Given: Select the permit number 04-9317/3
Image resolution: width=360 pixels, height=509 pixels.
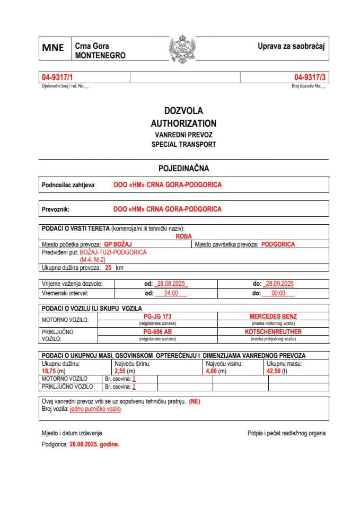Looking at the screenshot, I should coord(310,77).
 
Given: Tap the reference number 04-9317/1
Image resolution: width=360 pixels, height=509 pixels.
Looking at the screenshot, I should coord(57,77).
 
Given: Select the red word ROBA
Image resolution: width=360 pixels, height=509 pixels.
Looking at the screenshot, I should coord(183,236).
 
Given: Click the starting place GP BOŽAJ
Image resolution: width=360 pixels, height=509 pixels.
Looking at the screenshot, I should coord(118,244).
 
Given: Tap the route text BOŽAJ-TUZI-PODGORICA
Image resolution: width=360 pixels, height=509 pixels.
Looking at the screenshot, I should coord(117,252).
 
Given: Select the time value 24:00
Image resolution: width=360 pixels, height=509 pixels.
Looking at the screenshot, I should coord(170,293).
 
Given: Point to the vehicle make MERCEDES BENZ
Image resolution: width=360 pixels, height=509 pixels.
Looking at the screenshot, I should coord(273,316).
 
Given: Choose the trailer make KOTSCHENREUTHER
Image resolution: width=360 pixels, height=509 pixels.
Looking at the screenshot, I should coord(273,332).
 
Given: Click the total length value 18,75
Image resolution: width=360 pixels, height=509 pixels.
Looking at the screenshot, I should coord(49,372).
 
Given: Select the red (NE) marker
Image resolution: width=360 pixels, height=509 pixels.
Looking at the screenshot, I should coord(195,401).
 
